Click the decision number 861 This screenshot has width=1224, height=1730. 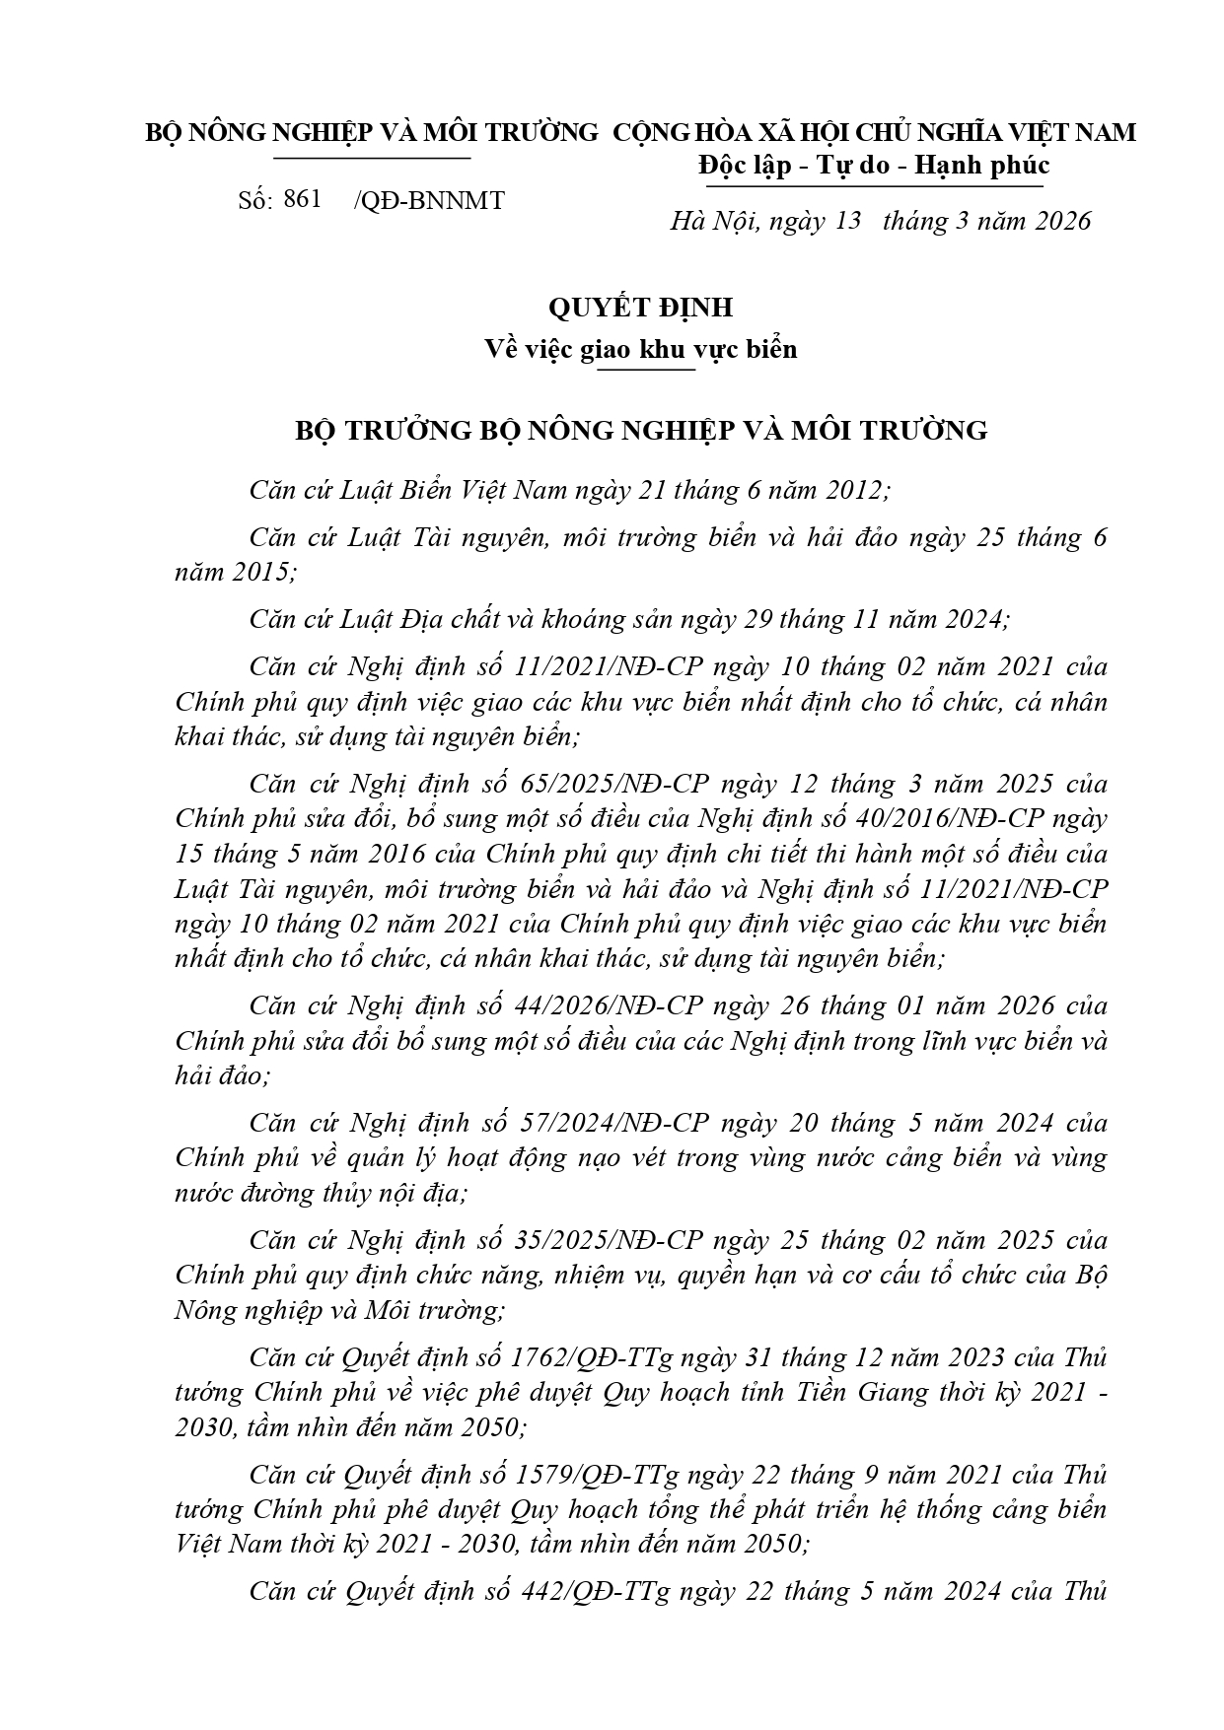302,199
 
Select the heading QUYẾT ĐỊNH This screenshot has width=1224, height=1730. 641,308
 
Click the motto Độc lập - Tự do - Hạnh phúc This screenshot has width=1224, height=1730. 874,165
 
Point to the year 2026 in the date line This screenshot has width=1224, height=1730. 1063,221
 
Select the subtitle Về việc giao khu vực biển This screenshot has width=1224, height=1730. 641,349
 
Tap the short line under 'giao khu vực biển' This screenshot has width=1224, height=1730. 646,370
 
